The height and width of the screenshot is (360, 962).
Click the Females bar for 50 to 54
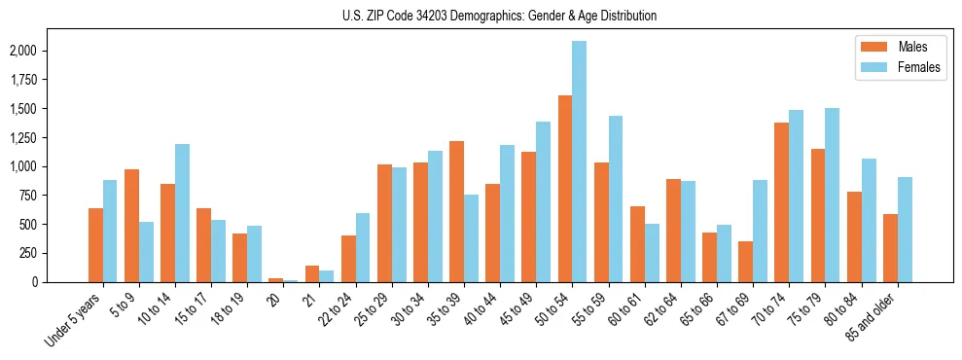click(579, 162)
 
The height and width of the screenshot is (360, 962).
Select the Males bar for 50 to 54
click(565, 189)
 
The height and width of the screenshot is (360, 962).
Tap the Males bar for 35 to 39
click(456, 211)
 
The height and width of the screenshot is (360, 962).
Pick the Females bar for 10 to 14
click(182, 213)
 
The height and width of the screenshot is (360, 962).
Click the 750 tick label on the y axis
click(57, 196)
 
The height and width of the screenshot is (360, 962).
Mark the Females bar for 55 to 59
click(615, 198)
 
